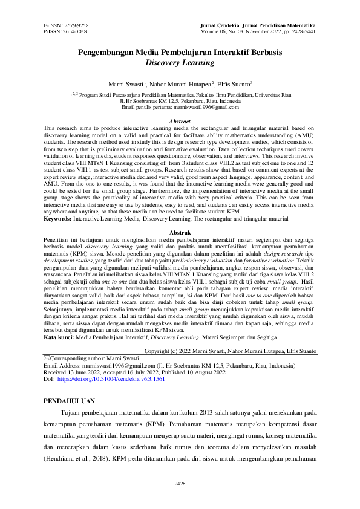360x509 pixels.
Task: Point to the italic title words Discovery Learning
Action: point(180,62)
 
